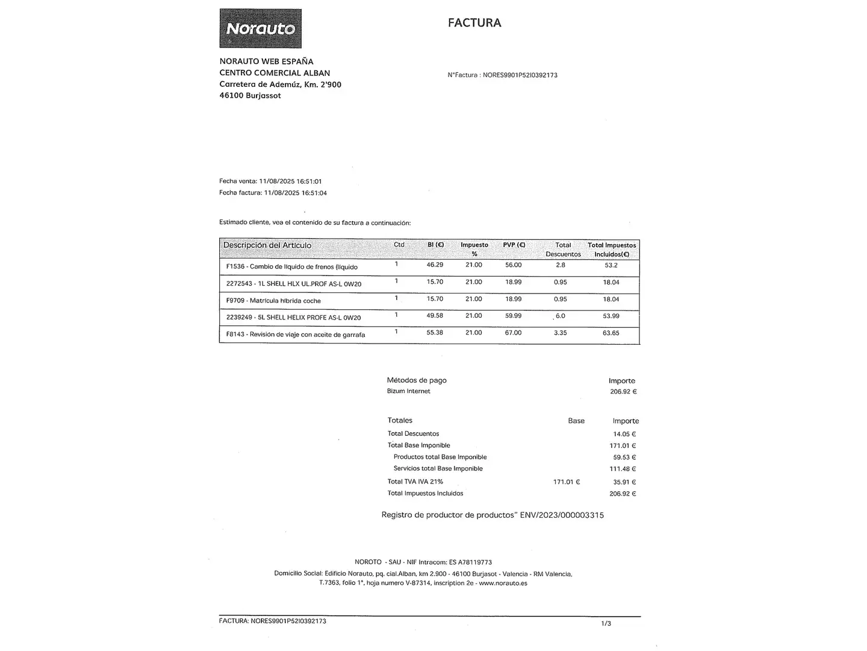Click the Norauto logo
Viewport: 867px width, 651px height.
[x=260, y=28]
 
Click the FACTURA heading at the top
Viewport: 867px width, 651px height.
[x=474, y=23]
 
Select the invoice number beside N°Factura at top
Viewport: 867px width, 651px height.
[x=520, y=75]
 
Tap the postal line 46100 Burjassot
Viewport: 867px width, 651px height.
[x=250, y=96]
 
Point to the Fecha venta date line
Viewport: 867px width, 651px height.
[x=270, y=181]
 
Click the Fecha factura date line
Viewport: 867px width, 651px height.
[x=273, y=193]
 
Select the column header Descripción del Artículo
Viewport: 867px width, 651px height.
[x=267, y=245]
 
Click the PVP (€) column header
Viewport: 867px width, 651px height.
[x=514, y=245]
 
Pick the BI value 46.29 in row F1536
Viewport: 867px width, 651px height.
[x=435, y=265]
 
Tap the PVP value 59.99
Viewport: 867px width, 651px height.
[x=514, y=316]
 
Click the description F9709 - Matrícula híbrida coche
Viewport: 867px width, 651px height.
[x=273, y=301]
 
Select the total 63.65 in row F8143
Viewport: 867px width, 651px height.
[x=611, y=333]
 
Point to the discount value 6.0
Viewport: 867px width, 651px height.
[x=561, y=316]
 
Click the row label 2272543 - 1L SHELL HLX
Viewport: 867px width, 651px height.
[x=293, y=284]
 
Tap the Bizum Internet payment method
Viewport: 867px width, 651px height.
[x=408, y=391]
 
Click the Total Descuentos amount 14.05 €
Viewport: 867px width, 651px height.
[x=624, y=434]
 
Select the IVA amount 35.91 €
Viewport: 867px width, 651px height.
[x=624, y=482]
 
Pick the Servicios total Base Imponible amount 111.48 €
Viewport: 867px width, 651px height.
[x=623, y=469]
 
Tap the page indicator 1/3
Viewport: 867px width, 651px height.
[x=606, y=623]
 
